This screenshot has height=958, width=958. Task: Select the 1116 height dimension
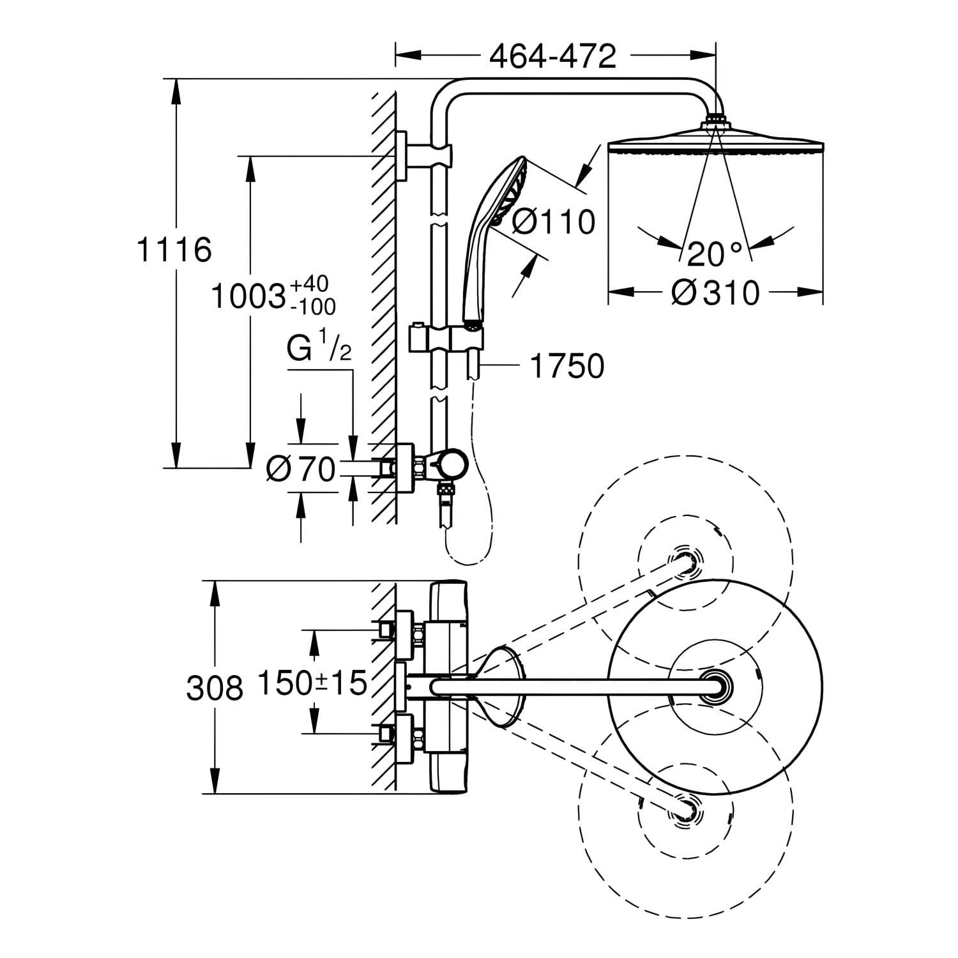[174, 249]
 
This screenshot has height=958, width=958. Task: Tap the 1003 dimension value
[248, 297]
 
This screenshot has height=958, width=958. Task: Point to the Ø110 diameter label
[554, 222]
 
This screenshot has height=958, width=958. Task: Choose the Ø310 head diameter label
[715, 293]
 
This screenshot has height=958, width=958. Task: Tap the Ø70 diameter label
[301, 471]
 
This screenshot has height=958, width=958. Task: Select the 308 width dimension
[215, 688]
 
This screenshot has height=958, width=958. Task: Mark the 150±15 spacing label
[312, 683]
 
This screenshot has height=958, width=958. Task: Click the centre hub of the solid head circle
[715, 687]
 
